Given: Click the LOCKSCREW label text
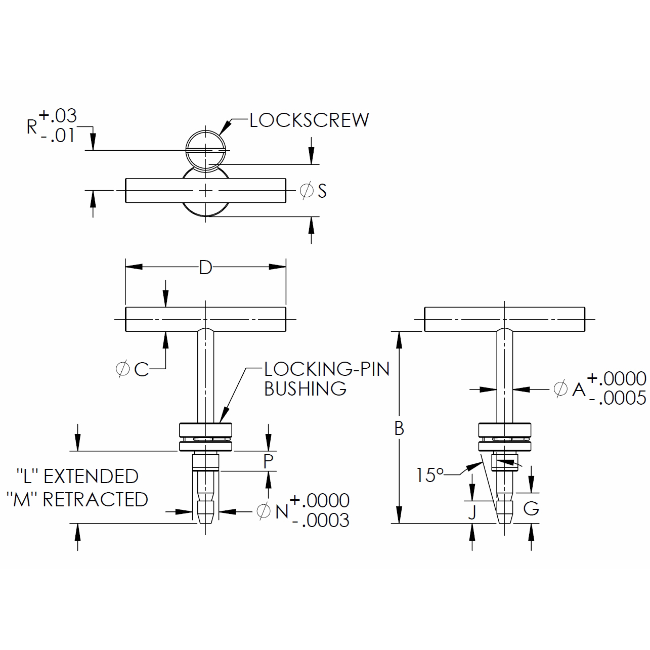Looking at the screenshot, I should coord(309,120).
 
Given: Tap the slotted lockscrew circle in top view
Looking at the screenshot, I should coord(206,150).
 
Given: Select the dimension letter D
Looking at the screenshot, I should coord(205,267).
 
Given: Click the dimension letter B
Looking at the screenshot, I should coord(399,428).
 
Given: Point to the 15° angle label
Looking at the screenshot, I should coord(429,475).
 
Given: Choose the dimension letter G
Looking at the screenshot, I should coord(531,508).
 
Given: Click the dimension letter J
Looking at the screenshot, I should coord(472,512).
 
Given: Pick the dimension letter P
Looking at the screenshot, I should coord(268,461).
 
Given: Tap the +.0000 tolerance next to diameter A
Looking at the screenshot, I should coord(616,378).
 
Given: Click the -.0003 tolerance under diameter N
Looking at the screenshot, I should coord(321,521).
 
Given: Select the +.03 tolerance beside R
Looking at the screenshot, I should coord(58,116).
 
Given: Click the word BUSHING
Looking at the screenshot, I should coord(305,389).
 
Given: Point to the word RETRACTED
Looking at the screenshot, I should coord(95,500).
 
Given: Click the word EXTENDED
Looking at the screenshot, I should coord(91,476).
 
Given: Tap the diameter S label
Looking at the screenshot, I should coord(314,191).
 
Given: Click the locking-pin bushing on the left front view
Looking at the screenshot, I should coord(205,437).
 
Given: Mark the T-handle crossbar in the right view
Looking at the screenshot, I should coord(504,319).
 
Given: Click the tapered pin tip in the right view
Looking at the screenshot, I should coord(504,512).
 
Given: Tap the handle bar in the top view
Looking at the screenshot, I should coord(152,190).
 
